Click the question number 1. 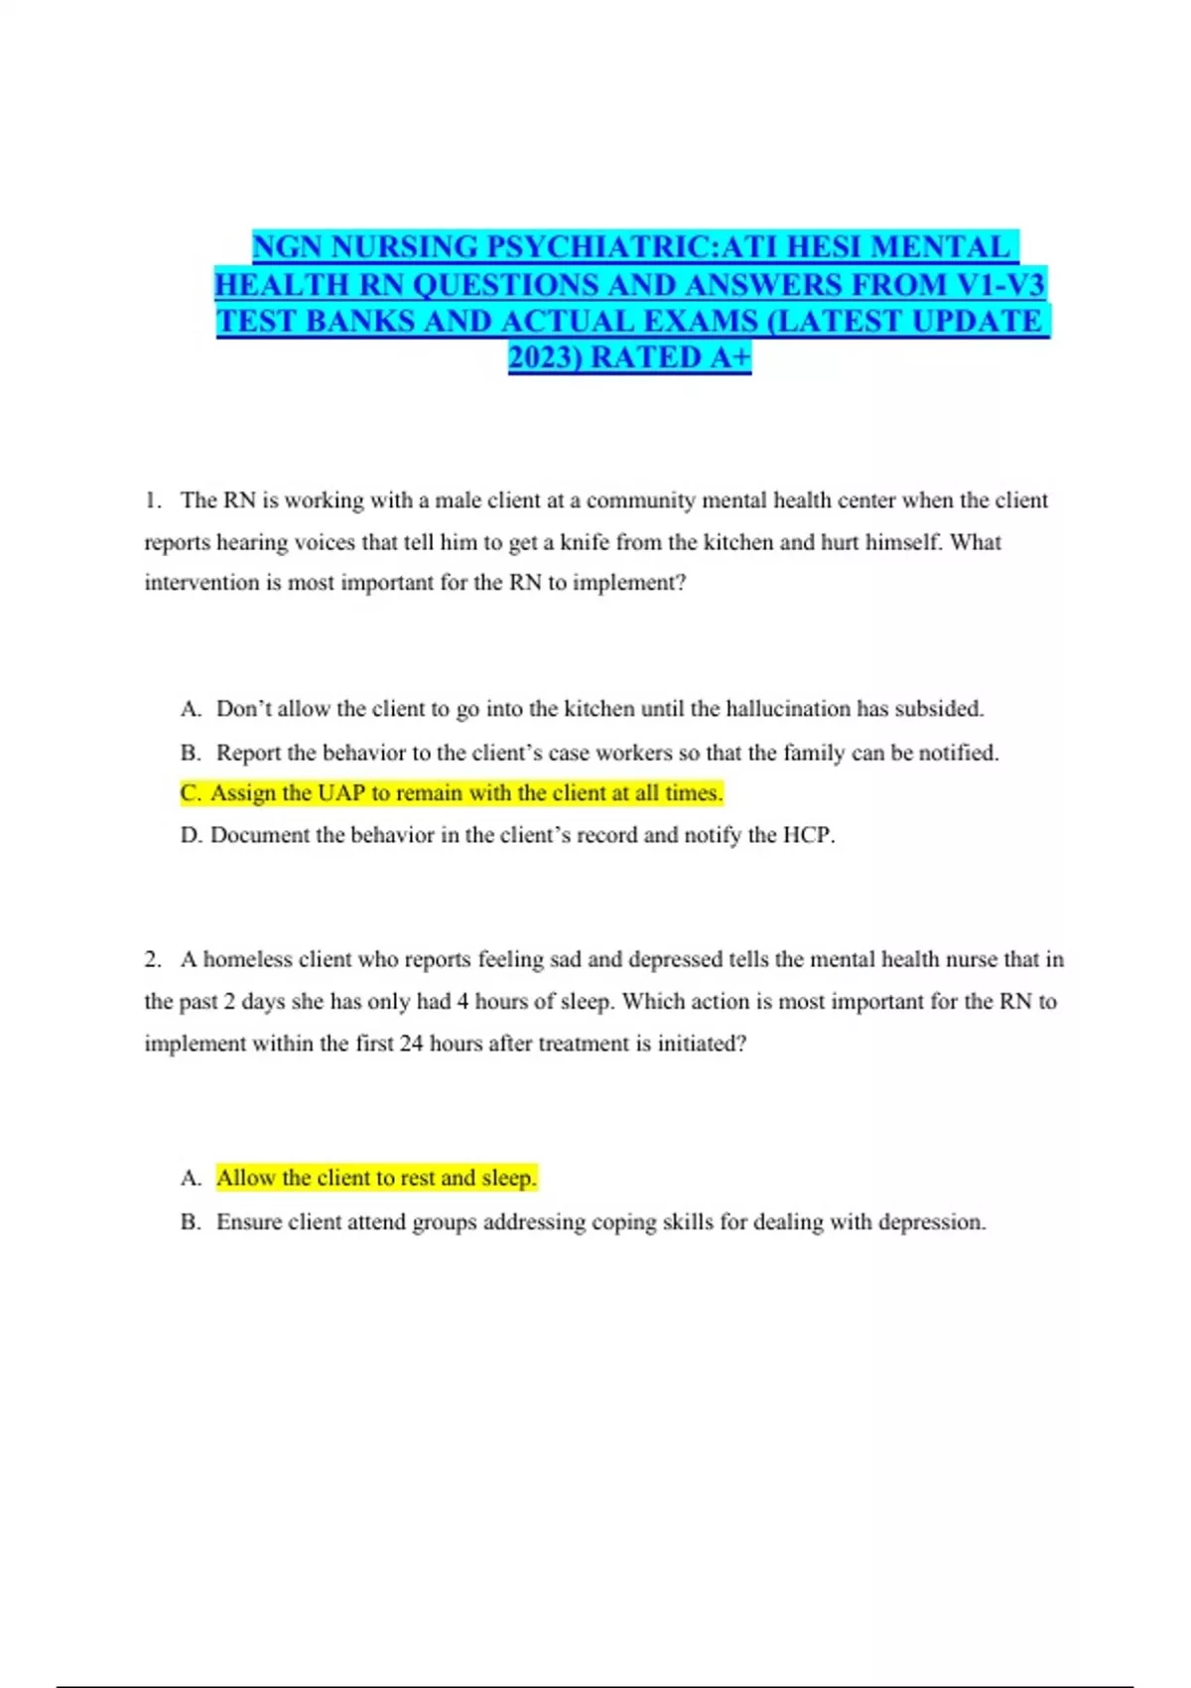click(152, 500)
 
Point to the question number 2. click(152, 959)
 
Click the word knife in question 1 click(584, 542)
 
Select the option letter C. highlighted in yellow click(192, 793)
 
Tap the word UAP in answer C click(341, 793)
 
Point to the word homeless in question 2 click(247, 959)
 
